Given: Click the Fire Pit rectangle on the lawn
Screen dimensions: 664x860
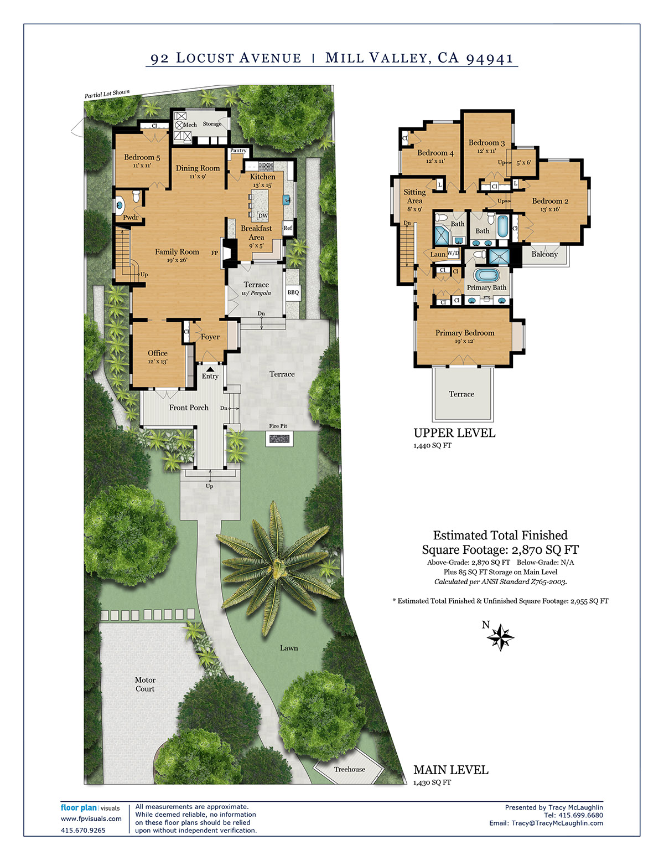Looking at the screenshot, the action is pyautogui.click(x=279, y=439).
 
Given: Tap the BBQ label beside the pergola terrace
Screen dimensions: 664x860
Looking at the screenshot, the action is pyautogui.click(x=293, y=292).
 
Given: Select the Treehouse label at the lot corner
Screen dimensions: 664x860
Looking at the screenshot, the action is pyautogui.click(x=349, y=769).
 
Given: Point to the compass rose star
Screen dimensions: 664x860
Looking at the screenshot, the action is pyautogui.click(x=500, y=637).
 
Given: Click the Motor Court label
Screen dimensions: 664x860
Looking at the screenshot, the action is pyautogui.click(x=145, y=684).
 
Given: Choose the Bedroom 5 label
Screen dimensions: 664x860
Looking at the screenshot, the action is pyautogui.click(x=142, y=157).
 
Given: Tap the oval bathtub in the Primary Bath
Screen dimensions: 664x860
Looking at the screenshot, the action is pyautogui.click(x=486, y=275).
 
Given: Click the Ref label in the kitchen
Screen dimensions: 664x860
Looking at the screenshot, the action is pyautogui.click(x=288, y=228).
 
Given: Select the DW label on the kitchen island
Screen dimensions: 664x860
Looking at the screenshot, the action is pyautogui.click(x=263, y=216).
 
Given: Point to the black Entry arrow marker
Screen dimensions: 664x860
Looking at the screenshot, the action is pyautogui.click(x=210, y=368).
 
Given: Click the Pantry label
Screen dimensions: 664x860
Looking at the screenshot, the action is pyautogui.click(x=238, y=151).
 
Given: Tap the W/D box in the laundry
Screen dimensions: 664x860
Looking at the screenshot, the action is pyautogui.click(x=454, y=253).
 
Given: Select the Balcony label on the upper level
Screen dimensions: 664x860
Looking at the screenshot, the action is pyautogui.click(x=544, y=254).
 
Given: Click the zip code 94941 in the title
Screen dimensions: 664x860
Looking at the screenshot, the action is pyautogui.click(x=489, y=59).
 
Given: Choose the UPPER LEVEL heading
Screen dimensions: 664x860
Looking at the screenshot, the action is pyautogui.click(x=454, y=433).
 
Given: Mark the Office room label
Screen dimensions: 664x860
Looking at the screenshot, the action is pyautogui.click(x=157, y=353).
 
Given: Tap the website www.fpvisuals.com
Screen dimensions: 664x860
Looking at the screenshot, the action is pyautogui.click(x=91, y=819).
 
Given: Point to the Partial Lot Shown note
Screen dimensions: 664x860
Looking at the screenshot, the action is pyautogui.click(x=107, y=94).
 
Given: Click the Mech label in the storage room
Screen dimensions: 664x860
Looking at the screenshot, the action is pyautogui.click(x=190, y=125).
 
